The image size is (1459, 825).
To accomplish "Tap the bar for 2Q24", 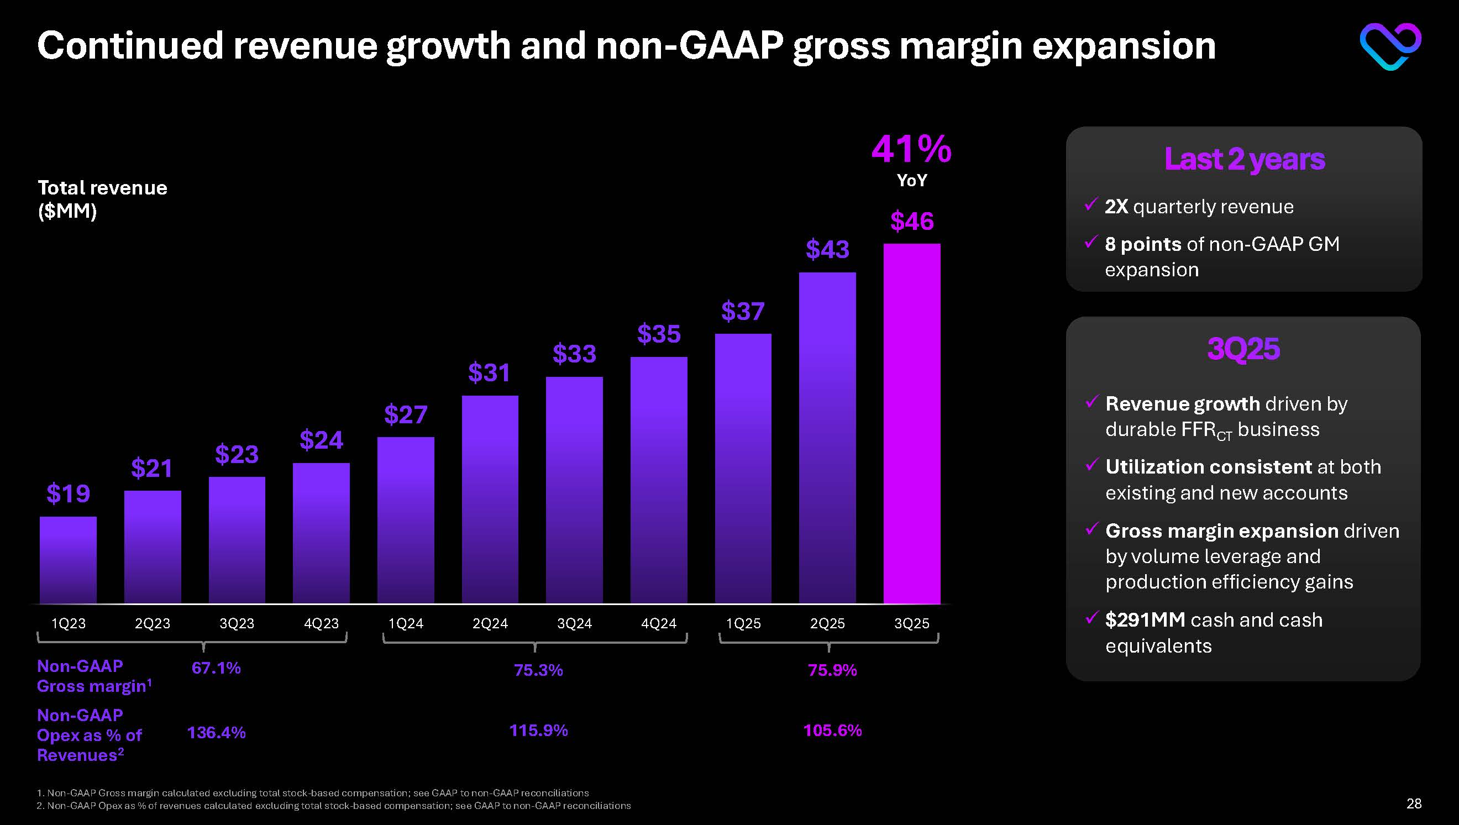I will pos(490,499).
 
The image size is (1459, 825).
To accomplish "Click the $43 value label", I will pos(827,249).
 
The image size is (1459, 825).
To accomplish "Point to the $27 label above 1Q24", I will pos(406,415).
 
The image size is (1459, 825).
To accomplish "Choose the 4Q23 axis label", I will pos(321,624).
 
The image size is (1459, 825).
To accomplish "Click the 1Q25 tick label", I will pos(743,624).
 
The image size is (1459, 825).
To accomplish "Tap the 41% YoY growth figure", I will pos(912,150).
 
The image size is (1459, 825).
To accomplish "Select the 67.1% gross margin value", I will pos(216,668).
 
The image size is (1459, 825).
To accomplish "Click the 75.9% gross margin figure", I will pos(832,670).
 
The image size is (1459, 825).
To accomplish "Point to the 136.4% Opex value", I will pos(217,733).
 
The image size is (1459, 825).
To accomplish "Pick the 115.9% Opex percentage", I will pos(538,731).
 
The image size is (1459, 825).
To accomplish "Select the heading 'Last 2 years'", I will pos(1244,159).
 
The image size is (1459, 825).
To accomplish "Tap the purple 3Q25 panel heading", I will pos(1243,349).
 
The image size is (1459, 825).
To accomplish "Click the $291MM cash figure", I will pos(1145,620).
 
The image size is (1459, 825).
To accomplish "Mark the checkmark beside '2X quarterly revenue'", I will pos(1091,204).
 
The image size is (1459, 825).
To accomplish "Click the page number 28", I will pos(1414,803).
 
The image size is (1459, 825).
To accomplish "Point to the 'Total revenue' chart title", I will pos(103,188).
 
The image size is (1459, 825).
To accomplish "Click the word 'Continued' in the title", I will pos(130,46).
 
